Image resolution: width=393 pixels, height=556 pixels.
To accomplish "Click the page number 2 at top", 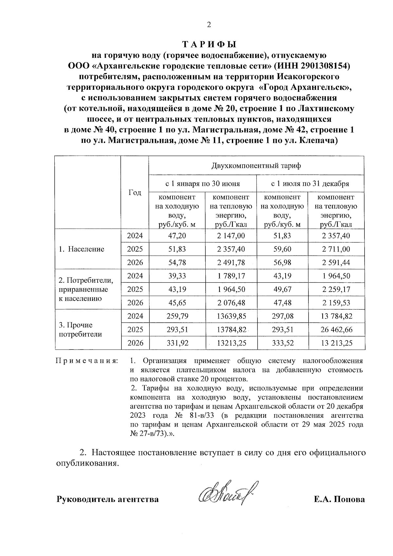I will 209,25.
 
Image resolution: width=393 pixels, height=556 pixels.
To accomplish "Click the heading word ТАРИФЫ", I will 209,44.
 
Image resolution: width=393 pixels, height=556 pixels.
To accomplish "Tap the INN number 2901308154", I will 316,66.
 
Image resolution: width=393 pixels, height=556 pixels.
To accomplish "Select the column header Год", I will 135,193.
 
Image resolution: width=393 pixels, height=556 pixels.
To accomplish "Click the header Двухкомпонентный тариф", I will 256,165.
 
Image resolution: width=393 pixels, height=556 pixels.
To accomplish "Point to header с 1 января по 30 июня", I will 202,183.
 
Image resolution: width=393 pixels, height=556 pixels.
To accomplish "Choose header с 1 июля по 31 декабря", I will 310,183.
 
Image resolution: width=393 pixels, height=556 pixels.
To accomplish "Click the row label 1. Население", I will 82,249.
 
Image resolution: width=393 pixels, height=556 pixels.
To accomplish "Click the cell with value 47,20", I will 177,236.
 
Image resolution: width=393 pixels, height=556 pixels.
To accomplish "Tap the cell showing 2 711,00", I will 336,249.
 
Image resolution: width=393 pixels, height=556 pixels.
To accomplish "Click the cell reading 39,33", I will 177,276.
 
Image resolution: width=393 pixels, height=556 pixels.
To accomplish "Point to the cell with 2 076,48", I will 231,303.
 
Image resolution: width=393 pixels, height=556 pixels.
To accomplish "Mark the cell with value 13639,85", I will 231,316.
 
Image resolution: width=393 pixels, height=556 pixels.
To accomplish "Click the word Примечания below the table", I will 86,361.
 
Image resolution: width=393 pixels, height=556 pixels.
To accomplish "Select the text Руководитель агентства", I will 108,499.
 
